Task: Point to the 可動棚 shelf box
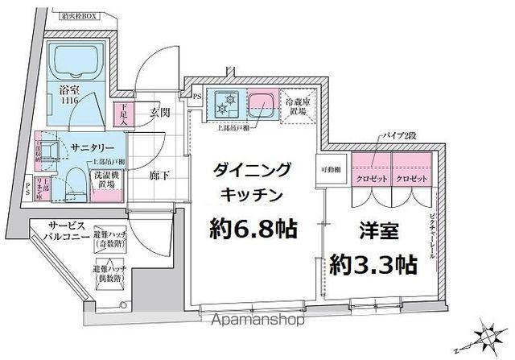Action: coord(332,170)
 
